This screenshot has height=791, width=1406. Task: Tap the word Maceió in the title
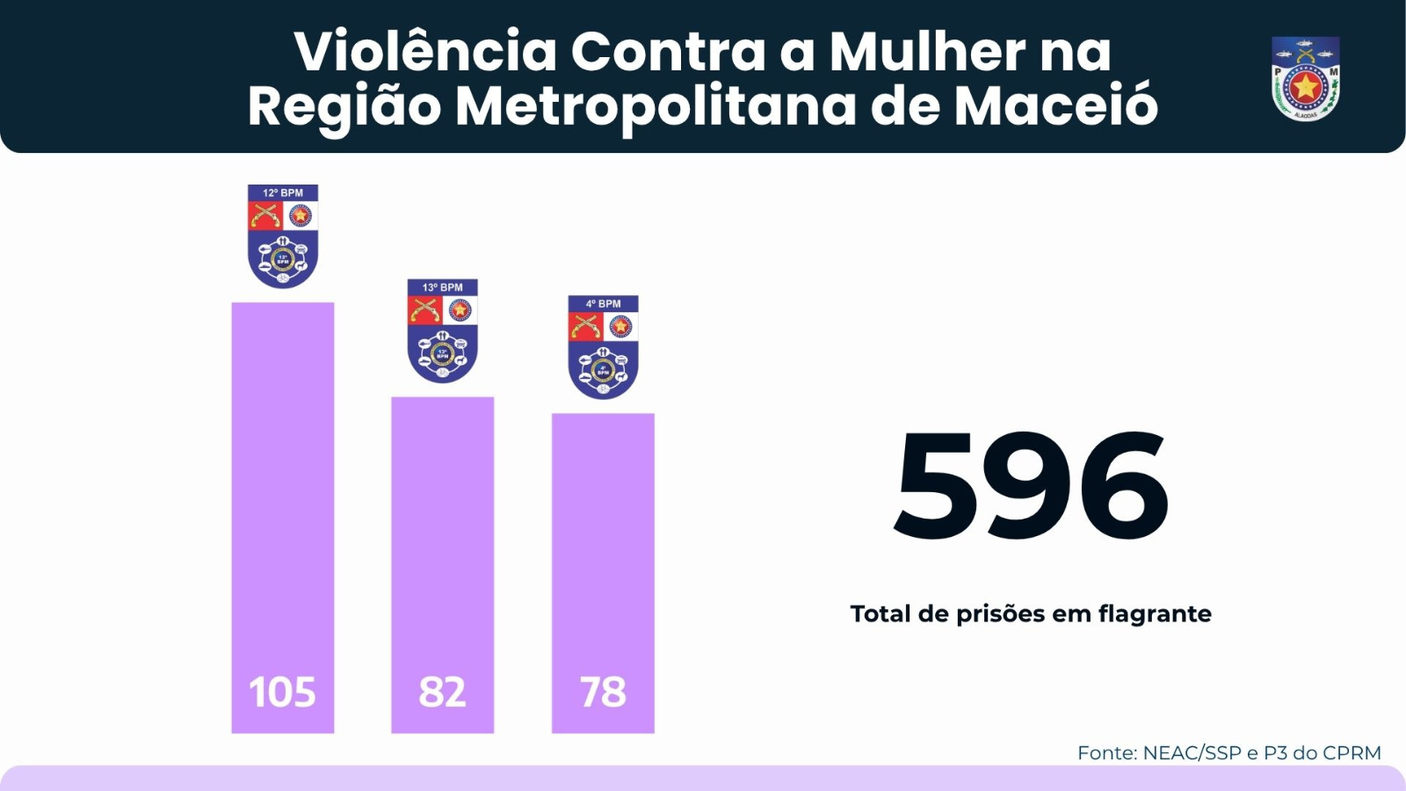point(1055,106)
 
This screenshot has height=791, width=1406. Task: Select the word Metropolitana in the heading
point(655,106)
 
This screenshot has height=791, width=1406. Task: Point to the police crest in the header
point(1305,79)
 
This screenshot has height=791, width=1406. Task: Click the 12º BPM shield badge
point(283,236)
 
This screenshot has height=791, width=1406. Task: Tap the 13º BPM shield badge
point(443,331)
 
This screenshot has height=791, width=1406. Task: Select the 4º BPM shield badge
point(603,347)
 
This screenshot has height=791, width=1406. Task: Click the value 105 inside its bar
point(282,693)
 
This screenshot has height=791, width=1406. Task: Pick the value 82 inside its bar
point(442,693)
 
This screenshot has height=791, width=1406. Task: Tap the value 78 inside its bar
point(603,693)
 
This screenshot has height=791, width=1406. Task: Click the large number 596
point(1031,486)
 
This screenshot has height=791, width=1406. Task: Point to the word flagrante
point(1155,614)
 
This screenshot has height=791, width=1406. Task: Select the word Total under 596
point(881,613)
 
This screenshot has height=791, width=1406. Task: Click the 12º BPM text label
point(283,192)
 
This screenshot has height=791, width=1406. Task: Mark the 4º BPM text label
point(603,304)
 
